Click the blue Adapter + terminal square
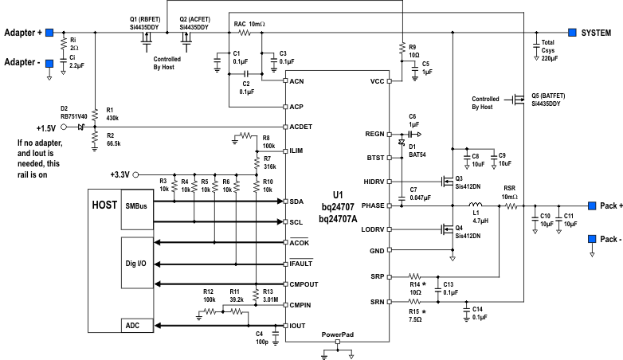pos(49,33)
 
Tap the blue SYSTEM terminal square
pos(572,33)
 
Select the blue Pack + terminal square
pos(593,205)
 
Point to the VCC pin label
pos(378,81)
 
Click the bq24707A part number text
pos(337,218)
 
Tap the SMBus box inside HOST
pos(135,206)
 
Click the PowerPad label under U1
pos(337,335)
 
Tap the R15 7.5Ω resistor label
pos(417,316)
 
